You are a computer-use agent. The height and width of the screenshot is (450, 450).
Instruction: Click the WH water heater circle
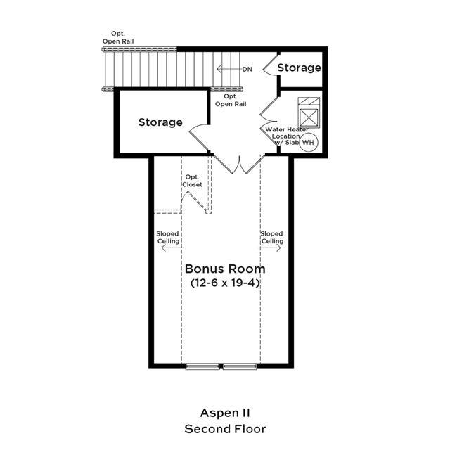(x=309, y=142)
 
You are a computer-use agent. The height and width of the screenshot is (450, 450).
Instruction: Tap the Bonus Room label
(x=225, y=269)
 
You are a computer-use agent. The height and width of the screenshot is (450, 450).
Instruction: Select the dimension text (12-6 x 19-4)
(x=225, y=283)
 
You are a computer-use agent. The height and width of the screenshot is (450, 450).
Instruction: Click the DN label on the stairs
(x=247, y=69)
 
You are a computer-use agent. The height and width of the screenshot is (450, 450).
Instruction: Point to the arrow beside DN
(x=229, y=69)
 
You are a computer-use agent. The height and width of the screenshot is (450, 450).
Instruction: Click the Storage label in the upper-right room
(x=299, y=67)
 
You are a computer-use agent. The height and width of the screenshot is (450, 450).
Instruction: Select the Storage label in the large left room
(x=160, y=122)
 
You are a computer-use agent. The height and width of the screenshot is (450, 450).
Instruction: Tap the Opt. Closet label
(x=192, y=181)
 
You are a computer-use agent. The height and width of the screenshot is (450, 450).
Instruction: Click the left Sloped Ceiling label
(x=168, y=238)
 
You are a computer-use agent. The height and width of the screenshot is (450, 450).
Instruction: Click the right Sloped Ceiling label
(x=272, y=238)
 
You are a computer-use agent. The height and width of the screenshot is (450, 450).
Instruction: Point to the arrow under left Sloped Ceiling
(x=172, y=247)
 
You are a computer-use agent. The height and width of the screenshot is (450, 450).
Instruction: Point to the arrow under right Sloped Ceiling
(x=270, y=247)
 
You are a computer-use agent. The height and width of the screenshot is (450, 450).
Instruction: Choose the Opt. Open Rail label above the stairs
(x=118, y=37)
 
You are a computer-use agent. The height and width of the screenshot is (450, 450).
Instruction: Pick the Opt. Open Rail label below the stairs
(x=231, y=100)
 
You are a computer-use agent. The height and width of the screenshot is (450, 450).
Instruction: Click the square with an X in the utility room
(x=309, y=117)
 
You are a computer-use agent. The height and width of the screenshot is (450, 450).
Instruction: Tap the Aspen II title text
(x=225, y=413)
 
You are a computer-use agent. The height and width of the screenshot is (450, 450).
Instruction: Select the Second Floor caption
(x=225, y=429)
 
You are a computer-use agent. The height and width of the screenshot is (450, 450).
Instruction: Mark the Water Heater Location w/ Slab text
(x=286, y=136)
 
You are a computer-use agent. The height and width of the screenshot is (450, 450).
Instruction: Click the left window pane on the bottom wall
(x=202, y=366)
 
